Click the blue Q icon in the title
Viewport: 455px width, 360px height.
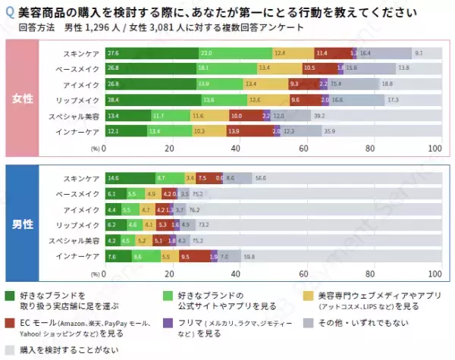pos(9,13)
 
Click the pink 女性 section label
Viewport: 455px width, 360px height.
pos(21,99)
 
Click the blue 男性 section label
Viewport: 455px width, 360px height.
pos(21,224)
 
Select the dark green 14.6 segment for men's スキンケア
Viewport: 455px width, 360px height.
pos(128,178)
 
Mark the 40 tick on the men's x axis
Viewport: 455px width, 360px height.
pos(236,274)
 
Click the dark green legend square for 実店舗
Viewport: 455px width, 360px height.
pos(10,295)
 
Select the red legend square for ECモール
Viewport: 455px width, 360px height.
pos(10,323)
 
